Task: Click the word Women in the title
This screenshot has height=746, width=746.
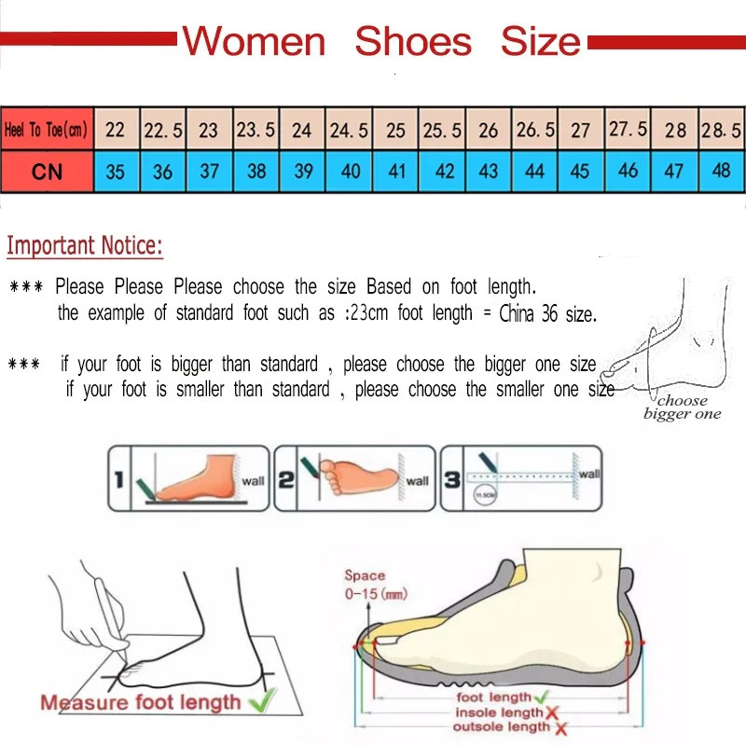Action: [x=254, y=42]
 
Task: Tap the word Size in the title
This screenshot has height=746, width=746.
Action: [x=540, y=42]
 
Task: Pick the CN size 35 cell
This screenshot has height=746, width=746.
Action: [x=116, y=172]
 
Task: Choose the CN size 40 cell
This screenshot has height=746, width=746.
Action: [x=350, y=172]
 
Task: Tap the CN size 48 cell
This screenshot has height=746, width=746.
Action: [x=721, y=172]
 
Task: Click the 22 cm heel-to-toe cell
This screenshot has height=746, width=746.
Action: [x=116, y=130]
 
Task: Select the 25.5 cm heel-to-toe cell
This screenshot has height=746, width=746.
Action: [x=442, y=130]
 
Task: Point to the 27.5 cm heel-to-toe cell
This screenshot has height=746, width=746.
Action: [x=628, y=130]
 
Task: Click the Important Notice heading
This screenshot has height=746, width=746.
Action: [x=85, y=246]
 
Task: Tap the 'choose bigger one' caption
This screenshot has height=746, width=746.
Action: [x=683, y=408]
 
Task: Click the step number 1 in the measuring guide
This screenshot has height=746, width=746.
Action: [x=118, y=480]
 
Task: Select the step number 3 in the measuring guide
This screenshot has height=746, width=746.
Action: [x=450, y=480]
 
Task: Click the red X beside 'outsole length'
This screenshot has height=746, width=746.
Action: [x=559, y=727]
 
